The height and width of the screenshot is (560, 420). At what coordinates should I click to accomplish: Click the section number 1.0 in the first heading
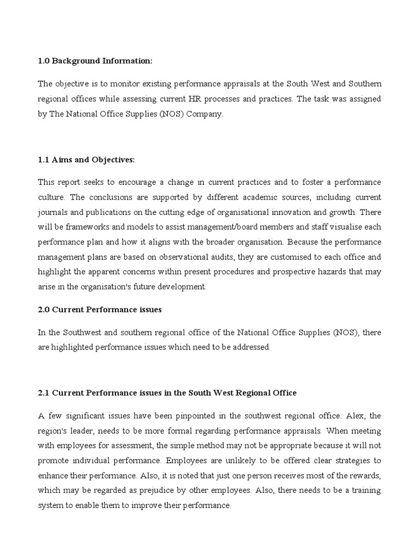(43, 61)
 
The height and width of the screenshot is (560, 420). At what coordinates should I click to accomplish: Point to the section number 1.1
(43, 159)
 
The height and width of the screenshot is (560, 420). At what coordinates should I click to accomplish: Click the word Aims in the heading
(61, 159)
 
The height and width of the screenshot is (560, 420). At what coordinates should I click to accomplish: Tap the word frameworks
(78, 227)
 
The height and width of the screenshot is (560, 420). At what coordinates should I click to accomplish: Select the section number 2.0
(43, 310)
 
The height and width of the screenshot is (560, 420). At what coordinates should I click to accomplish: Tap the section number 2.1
(43, 393)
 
